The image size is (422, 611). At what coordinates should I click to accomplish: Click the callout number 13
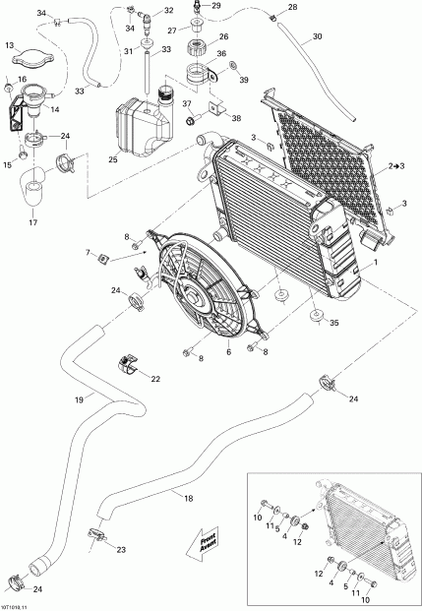(11, 45)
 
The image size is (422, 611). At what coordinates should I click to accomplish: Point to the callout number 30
(317, 37)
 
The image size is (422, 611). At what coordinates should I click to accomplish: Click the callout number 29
(216, 6)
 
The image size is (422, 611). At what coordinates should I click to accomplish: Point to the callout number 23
(121, 549)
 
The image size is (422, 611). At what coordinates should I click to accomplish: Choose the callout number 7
(115, 252)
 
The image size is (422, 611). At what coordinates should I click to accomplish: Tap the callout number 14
(53, 111)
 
